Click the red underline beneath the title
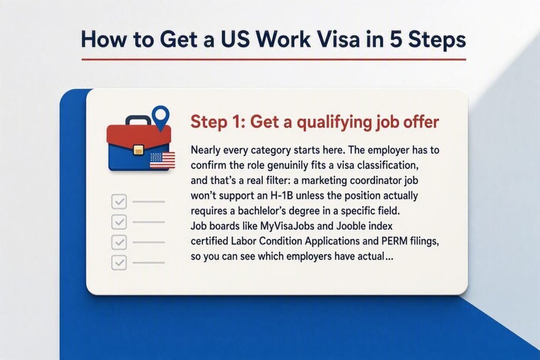pos(274,60)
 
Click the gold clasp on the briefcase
pos(139,150)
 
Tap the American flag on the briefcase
pos(162,160)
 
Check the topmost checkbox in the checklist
pos(119,202)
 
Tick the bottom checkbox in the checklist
pos(119,263)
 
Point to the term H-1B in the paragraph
pos(282,196)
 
